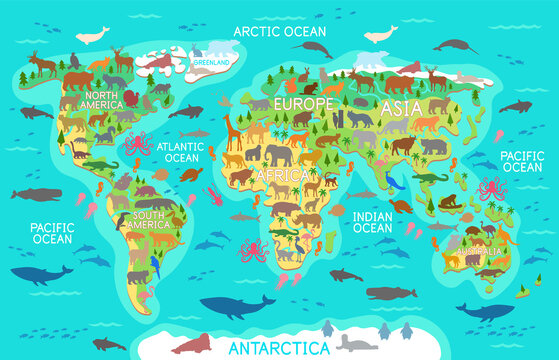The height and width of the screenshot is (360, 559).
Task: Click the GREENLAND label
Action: (x=212, y=62)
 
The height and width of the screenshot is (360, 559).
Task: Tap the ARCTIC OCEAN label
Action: (x=279, y=31)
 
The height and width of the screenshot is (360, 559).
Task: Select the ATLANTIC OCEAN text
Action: (x=181, y=151)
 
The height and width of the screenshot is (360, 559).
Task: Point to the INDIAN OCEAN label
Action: (x=373, y=221)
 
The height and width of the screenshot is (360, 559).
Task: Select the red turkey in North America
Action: (x=131, y=98)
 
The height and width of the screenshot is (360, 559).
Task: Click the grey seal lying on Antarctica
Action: (x=351, y=343)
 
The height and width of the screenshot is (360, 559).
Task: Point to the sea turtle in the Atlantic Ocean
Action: (x=191, y=173)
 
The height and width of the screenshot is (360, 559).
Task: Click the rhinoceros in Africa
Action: (x=285, y=210)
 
